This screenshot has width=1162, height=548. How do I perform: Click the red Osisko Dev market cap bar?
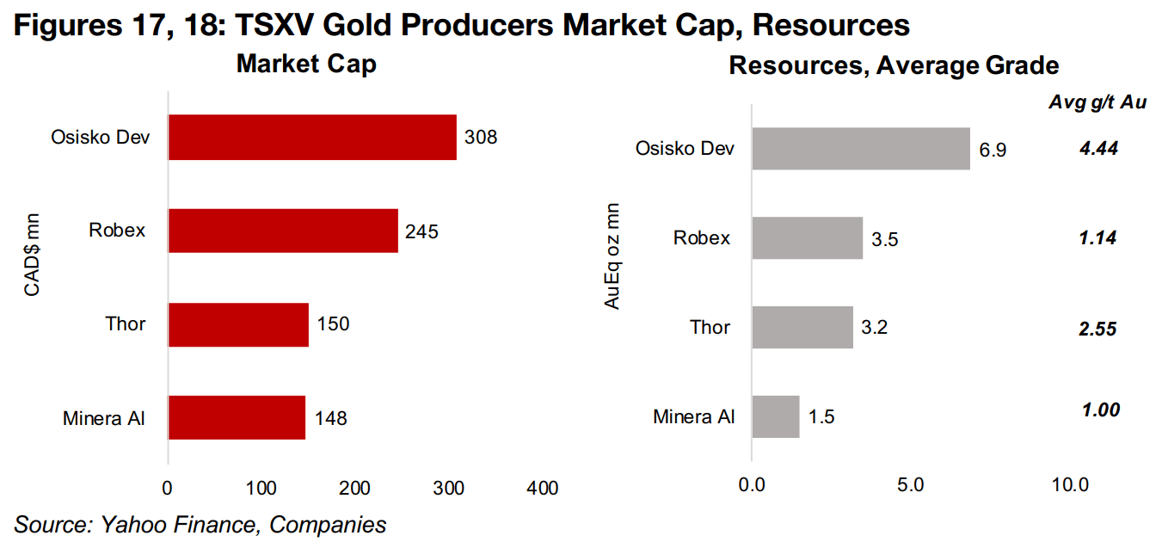point(311,137)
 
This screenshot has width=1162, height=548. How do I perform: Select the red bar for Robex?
point(283,231)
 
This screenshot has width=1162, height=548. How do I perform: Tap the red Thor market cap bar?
point(238,324)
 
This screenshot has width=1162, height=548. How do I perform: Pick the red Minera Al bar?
point(237,418)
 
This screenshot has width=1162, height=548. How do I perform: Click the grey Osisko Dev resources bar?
point(861,149)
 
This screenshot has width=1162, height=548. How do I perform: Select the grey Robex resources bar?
point(808,238)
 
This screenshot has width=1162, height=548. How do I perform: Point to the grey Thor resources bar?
point(802,328)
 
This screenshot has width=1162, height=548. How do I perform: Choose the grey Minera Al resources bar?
point(776,417)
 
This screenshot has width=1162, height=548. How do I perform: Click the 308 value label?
point(481,137)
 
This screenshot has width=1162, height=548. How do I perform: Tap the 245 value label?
point(422,231)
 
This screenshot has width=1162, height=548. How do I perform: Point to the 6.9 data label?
point(993,150)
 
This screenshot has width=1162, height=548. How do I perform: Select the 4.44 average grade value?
point(1098,149)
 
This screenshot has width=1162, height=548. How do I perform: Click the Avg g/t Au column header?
point(1097,102)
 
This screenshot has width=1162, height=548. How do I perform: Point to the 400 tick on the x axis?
point(543,489)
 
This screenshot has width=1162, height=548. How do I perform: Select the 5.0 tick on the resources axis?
point(911,485)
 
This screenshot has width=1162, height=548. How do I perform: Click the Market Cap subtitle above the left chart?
point(306,65)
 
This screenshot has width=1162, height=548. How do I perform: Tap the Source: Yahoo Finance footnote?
point(200,524)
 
